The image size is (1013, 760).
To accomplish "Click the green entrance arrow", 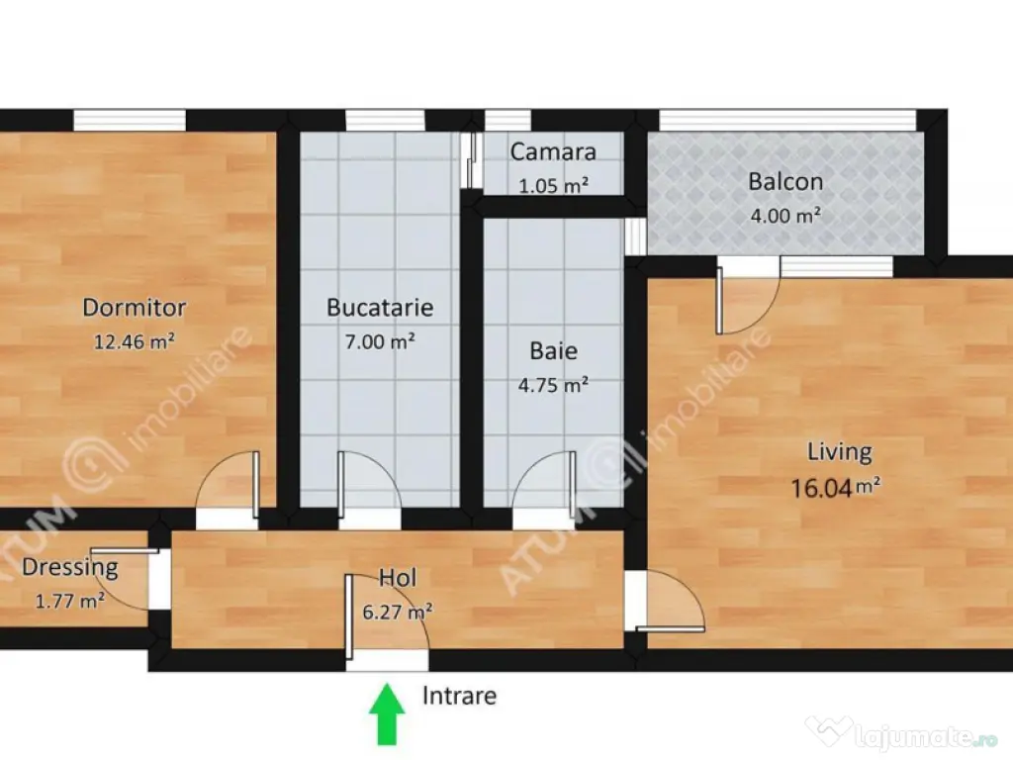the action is [x=387, y=714].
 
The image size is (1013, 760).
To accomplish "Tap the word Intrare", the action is [x=459, y=696].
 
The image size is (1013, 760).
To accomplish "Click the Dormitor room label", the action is [x=135, y=307].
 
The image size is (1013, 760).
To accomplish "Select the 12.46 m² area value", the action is [x=135, y=341].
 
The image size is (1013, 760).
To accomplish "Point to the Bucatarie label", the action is [x=380, y=307].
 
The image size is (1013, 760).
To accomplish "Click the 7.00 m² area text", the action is [x=380, y=341].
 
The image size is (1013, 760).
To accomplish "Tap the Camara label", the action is [x=553, y=151].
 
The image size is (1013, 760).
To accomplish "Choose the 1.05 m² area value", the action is [x=554, y=185].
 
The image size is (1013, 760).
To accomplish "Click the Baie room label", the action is [x=554, y=351].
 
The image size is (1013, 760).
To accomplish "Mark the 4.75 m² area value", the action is [x=553, y=385].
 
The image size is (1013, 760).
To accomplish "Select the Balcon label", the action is [x=785, y=182].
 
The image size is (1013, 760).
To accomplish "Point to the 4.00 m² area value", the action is [x=785, y=215].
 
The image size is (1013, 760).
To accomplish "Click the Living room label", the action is [x=840, y=451].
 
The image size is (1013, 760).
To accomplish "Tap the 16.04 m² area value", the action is [x=836, y=487].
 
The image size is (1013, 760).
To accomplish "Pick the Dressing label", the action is [x=70, y=567].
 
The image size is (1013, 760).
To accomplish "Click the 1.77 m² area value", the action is [x=70, y=601].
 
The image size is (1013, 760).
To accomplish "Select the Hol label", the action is [x=398, y=577].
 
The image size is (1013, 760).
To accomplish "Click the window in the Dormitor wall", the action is [x=130, y=120].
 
